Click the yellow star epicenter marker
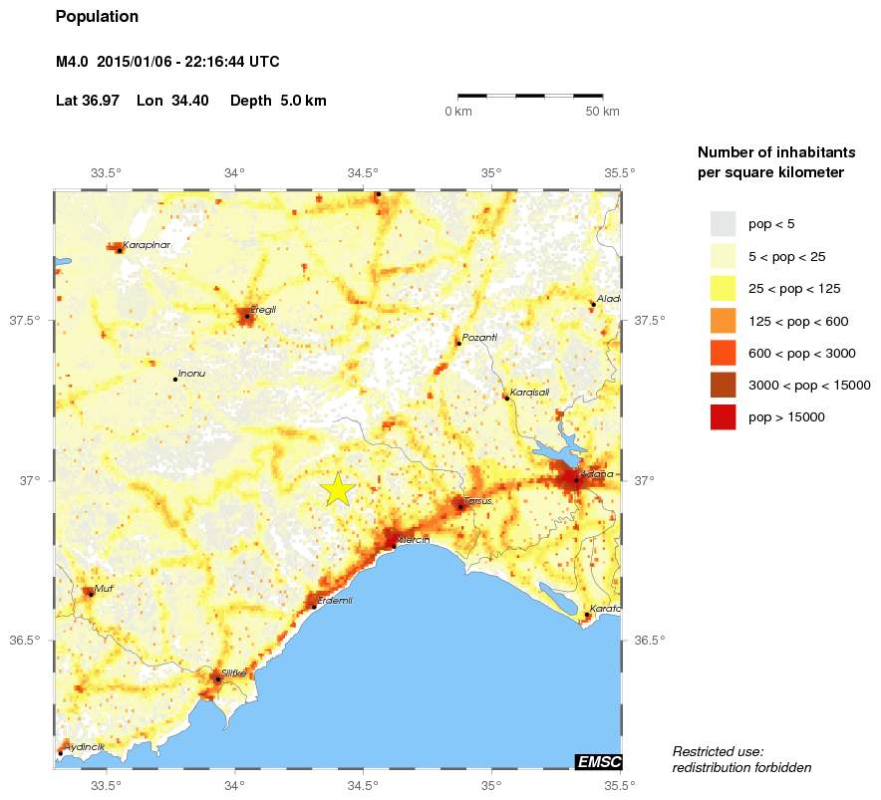(338, 489)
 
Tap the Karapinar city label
(147, 244)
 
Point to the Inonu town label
(190, 375)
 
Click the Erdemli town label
(335, 600)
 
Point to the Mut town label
(104, 589)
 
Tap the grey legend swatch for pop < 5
(723, 224)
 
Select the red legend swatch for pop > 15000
(723, 417)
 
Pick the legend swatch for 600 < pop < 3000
(723, 353)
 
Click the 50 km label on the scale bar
(602, 111)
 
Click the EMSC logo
(599, 762)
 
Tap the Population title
(98, 17)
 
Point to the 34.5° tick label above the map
(364, 172)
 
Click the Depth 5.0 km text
(278, 101)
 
